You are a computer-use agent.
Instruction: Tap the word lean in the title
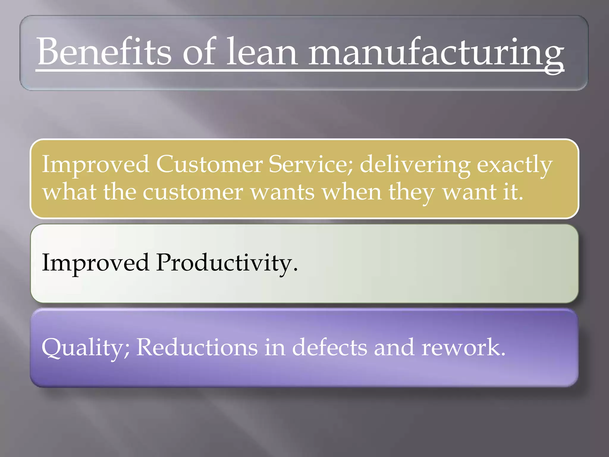tap(262, 52)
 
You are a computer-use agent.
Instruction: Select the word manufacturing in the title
tap(436, 54)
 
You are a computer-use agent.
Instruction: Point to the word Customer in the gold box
tap(209, 165)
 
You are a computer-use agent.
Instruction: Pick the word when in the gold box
tap(352, 192)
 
